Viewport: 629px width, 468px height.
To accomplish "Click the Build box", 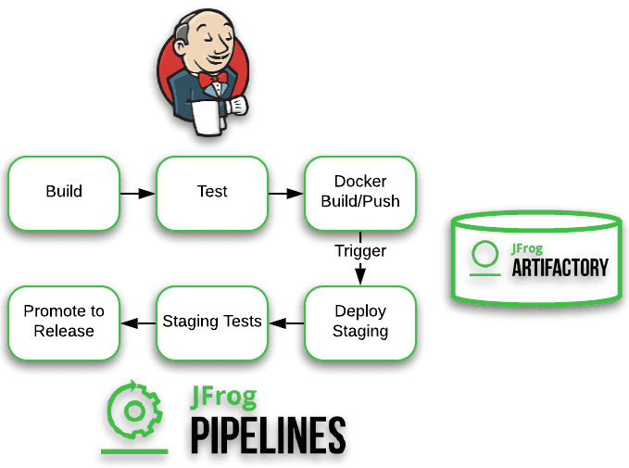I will pos(64,192).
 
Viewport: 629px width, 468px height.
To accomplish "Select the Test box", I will pos(212,192).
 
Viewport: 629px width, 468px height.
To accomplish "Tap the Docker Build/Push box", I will pos(360,192).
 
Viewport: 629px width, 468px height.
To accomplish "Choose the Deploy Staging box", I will pos(360,322).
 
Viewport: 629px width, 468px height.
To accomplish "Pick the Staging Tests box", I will pos(212,322).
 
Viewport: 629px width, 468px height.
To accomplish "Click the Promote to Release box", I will pos(64,322).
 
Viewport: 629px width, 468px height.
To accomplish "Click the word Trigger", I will pos(360,251).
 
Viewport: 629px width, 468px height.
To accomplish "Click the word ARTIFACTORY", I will pos(560,268).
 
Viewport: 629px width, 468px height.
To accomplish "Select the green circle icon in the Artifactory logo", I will pos(484,256).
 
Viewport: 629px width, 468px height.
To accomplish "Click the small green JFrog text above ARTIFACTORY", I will pos(528,248).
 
